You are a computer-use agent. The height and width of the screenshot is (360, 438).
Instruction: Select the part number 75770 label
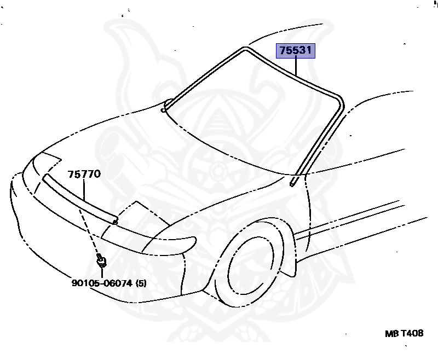point(84,175)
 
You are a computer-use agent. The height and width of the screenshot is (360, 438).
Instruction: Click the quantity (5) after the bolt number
point(142,283)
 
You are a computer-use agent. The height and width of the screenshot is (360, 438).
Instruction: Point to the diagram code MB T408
point(404,333)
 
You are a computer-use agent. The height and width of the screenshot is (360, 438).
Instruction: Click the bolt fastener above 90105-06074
point(101,261)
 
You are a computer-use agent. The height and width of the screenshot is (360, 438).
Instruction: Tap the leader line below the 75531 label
point(296,66)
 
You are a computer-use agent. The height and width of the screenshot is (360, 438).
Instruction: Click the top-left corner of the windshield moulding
point(245,49)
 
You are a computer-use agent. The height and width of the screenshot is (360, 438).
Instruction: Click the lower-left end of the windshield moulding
point(164,109)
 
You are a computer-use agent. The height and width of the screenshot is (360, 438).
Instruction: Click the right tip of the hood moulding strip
point(114,221)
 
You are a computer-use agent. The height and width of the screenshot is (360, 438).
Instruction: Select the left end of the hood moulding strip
point(45,178)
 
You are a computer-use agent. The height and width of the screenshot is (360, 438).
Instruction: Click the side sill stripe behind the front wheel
point(350,219)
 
